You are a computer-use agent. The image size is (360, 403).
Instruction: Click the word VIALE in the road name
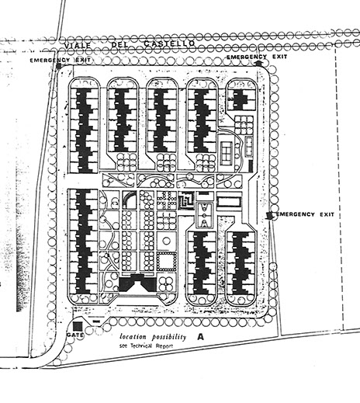click(x=78, y=46)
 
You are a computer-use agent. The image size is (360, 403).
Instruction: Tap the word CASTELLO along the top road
click(x=169, y=43)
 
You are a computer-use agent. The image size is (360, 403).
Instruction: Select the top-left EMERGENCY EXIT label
click(x=60, y=60)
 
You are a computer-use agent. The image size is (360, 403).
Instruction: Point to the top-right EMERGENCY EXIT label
click(x=257, y=57)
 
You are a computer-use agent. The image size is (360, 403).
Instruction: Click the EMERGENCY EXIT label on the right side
click(x=305, y=214)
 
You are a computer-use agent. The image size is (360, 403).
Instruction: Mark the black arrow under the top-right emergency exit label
click(x=259, y=63)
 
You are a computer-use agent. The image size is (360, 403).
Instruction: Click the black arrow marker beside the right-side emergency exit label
click(x=269, y=215)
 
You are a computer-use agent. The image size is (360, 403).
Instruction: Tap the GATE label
click(x=75, y=335)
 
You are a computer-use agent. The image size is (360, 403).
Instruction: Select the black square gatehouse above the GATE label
click(x=78, y=326)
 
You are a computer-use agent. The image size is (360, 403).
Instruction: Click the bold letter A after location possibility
click(x=200, y=337)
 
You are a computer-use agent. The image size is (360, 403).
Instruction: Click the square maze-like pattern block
click(x=186, y=200)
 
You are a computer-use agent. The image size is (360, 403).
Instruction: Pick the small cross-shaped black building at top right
click(x=240, y=99)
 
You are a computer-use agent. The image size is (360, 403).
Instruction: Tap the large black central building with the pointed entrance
click(x=137, y=283)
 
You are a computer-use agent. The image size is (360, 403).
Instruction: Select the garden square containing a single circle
click(x=167, y=241)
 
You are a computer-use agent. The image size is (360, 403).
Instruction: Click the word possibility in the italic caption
click(x=169, y=337)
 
